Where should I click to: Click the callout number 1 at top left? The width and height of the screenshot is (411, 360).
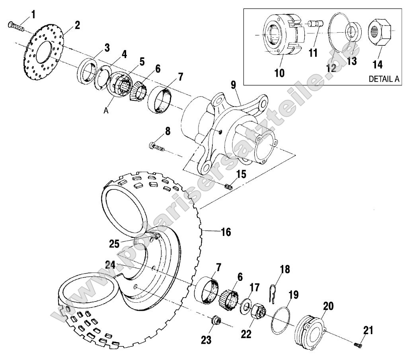coord(33,15)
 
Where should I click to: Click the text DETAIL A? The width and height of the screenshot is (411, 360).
coord(384,79)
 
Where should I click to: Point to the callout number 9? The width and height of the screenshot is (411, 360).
coord(233,85)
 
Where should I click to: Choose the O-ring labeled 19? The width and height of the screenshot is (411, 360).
coord(281,320)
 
